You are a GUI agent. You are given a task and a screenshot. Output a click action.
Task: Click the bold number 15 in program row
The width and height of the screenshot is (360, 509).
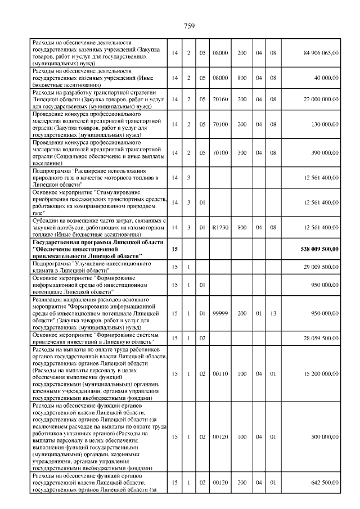[175, 248]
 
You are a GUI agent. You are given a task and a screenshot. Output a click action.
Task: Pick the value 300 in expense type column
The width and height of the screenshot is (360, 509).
[242, 152]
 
